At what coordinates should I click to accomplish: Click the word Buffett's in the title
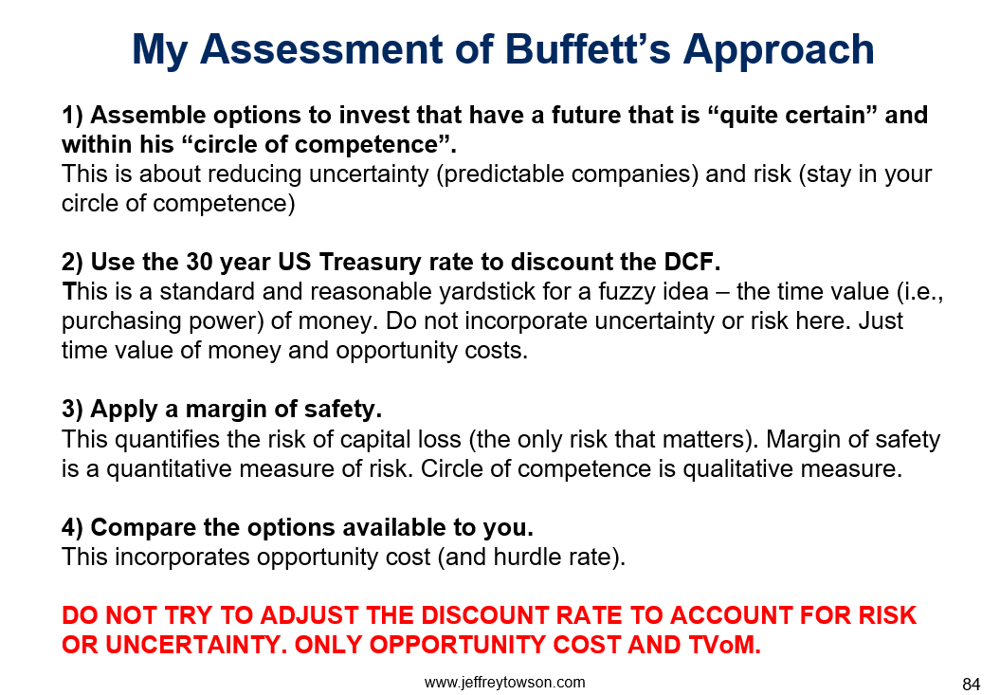click(588, 49)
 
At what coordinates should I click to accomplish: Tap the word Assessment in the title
click(321, 49)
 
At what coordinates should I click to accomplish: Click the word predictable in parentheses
click(503, 174)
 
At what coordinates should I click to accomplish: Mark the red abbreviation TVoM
click(724, 645)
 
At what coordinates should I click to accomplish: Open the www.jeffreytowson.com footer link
click(504, 683)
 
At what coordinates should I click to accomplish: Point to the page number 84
click(971, 685)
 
